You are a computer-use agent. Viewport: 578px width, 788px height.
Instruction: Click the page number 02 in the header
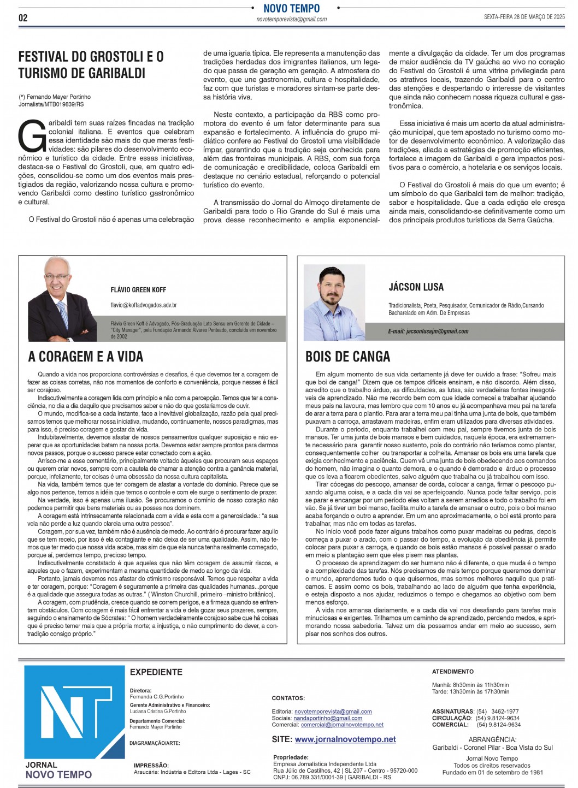pos(23,18)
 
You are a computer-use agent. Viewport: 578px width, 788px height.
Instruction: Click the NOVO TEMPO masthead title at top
pos(291,8)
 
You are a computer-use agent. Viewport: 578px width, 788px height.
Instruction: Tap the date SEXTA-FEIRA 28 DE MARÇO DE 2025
pos(524,17)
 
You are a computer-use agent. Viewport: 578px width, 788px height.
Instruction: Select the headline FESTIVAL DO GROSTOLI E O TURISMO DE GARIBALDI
pos(91,64)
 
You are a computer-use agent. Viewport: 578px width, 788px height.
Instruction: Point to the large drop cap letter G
pos(32,136)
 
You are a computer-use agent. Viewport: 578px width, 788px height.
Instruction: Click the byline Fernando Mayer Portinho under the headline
pos(58,97)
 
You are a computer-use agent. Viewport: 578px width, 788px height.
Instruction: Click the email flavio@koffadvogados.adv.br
pos(144,305)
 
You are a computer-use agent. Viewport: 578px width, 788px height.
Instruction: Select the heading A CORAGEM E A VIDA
pos(86,357)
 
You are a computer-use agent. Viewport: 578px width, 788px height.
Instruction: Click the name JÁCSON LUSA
pos(416,287)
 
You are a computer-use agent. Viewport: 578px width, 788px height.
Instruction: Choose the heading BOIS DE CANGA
pos(347,357)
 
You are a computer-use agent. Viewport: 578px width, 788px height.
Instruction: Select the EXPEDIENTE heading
pos(156,672)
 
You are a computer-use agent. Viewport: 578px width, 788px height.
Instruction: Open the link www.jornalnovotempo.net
pos(345,739)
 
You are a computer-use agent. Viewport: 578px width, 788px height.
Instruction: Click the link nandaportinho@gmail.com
pos(328,718)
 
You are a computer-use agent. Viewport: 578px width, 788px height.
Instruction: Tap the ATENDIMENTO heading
pos(453,672)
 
